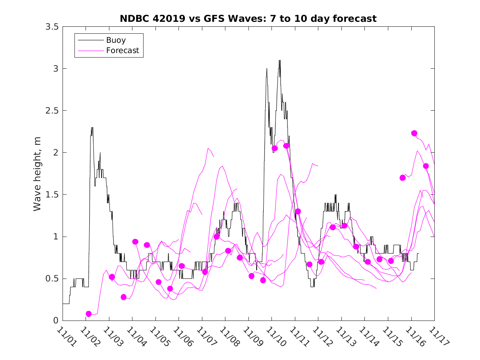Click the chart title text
pos(248,19)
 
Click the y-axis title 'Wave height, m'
pos(38,174)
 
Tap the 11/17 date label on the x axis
pos(437,337)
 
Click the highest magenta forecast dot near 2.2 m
pos(414,133)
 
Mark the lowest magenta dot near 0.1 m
pos(88,314)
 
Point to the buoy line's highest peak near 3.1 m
pos(280,60)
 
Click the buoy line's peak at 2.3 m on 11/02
pos(92,128)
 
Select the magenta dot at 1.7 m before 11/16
pos(403,178)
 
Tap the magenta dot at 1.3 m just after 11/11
pos(298,211)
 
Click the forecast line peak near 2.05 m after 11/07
pos(209,149)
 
